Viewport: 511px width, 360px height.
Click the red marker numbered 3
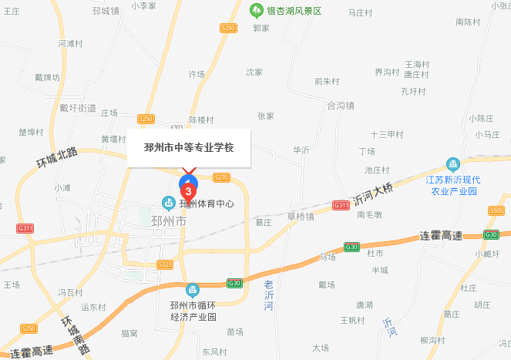tap(187, 190)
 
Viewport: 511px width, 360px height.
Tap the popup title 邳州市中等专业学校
tap(189, 147)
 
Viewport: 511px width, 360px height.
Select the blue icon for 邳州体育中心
tap(167, 204)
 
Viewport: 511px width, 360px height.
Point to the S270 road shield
tap(222, 177)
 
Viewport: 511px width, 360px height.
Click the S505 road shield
tap(496, 210)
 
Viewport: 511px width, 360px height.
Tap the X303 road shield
tap(176, 127)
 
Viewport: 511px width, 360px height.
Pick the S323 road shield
tap(164, 264)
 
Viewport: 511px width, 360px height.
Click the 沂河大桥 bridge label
tap(374, 193)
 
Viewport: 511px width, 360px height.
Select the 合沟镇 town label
tap(340, 106)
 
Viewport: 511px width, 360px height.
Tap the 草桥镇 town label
tap(300, 217)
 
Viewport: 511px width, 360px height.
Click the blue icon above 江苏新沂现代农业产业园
tap(453, 165)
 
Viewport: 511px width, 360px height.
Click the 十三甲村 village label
tap(386, 134)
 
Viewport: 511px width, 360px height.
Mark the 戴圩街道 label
tap(78, 108)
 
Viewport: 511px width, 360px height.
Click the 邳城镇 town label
tap(105, 11)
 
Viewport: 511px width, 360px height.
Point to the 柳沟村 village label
tap(435, 340)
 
